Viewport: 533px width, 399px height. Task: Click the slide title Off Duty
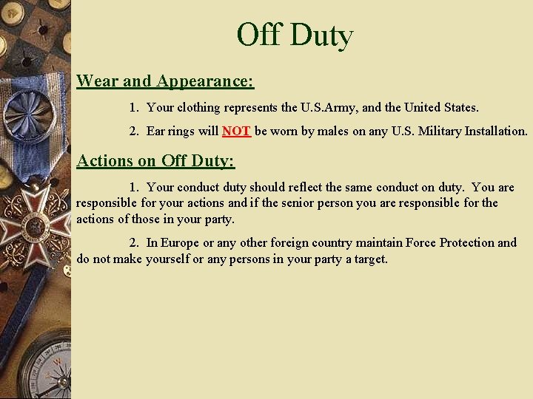(295, 35)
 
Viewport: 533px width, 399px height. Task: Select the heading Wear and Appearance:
(165, 81)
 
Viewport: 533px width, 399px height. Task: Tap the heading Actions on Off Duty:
(155, 160)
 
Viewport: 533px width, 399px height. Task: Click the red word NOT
(236, 132)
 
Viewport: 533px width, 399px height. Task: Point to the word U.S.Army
(329, 108)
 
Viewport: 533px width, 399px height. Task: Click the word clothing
(199, 108)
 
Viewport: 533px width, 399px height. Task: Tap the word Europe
(180, 243)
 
